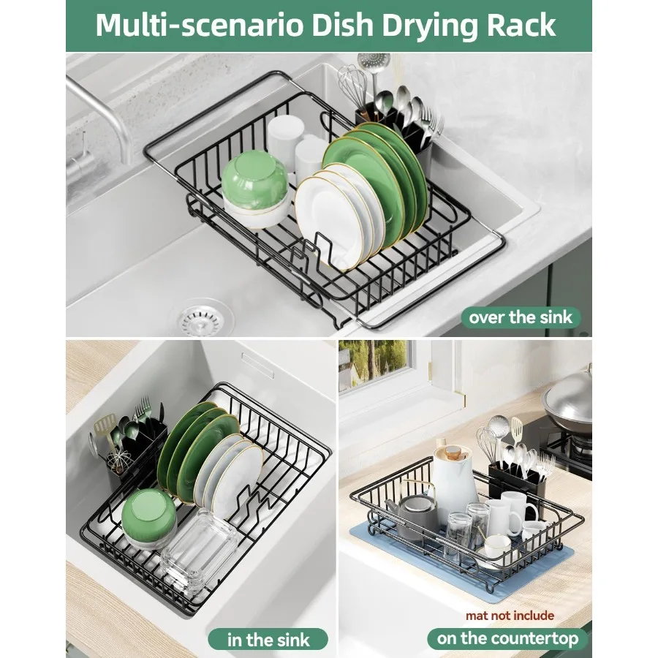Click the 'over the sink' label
click(521, 317)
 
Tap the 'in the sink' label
click(268, 639)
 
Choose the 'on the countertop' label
click(507, 638)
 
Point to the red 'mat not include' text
click(510, 616)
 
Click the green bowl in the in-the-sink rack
click(148, 517)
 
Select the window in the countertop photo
click(373, 364)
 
